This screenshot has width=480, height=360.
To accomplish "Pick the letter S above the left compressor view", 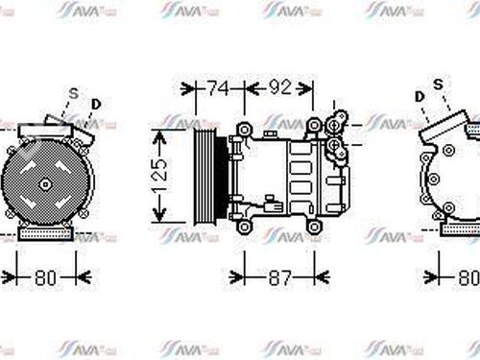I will coord(72,93).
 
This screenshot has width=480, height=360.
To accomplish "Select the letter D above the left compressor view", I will coord(95,103).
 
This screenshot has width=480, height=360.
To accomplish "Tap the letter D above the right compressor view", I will coord(420,96).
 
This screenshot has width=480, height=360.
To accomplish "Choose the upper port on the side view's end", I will coord(335,123).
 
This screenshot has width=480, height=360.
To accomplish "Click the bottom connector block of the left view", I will coord(45,235).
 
